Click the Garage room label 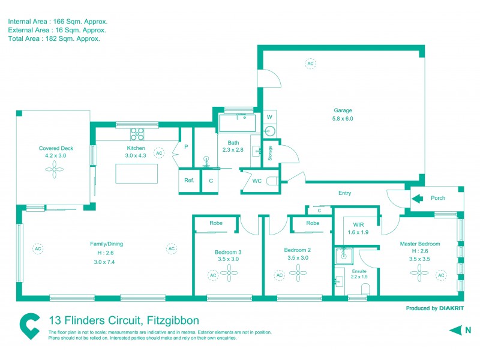[343, 110]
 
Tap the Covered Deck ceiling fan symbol [55, 170]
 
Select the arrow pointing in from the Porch [418, 197]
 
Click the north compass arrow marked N [457, 330]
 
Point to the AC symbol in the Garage [310, 63]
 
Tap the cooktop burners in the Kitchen [137, 134]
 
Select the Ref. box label [189, 181]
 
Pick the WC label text [256, 181]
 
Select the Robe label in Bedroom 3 [216, 223]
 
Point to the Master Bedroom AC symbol [441, 275]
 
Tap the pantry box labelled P [186, 146]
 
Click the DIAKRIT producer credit [431, 308]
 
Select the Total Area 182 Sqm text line [53, 38]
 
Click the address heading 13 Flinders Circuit [123, 320]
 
